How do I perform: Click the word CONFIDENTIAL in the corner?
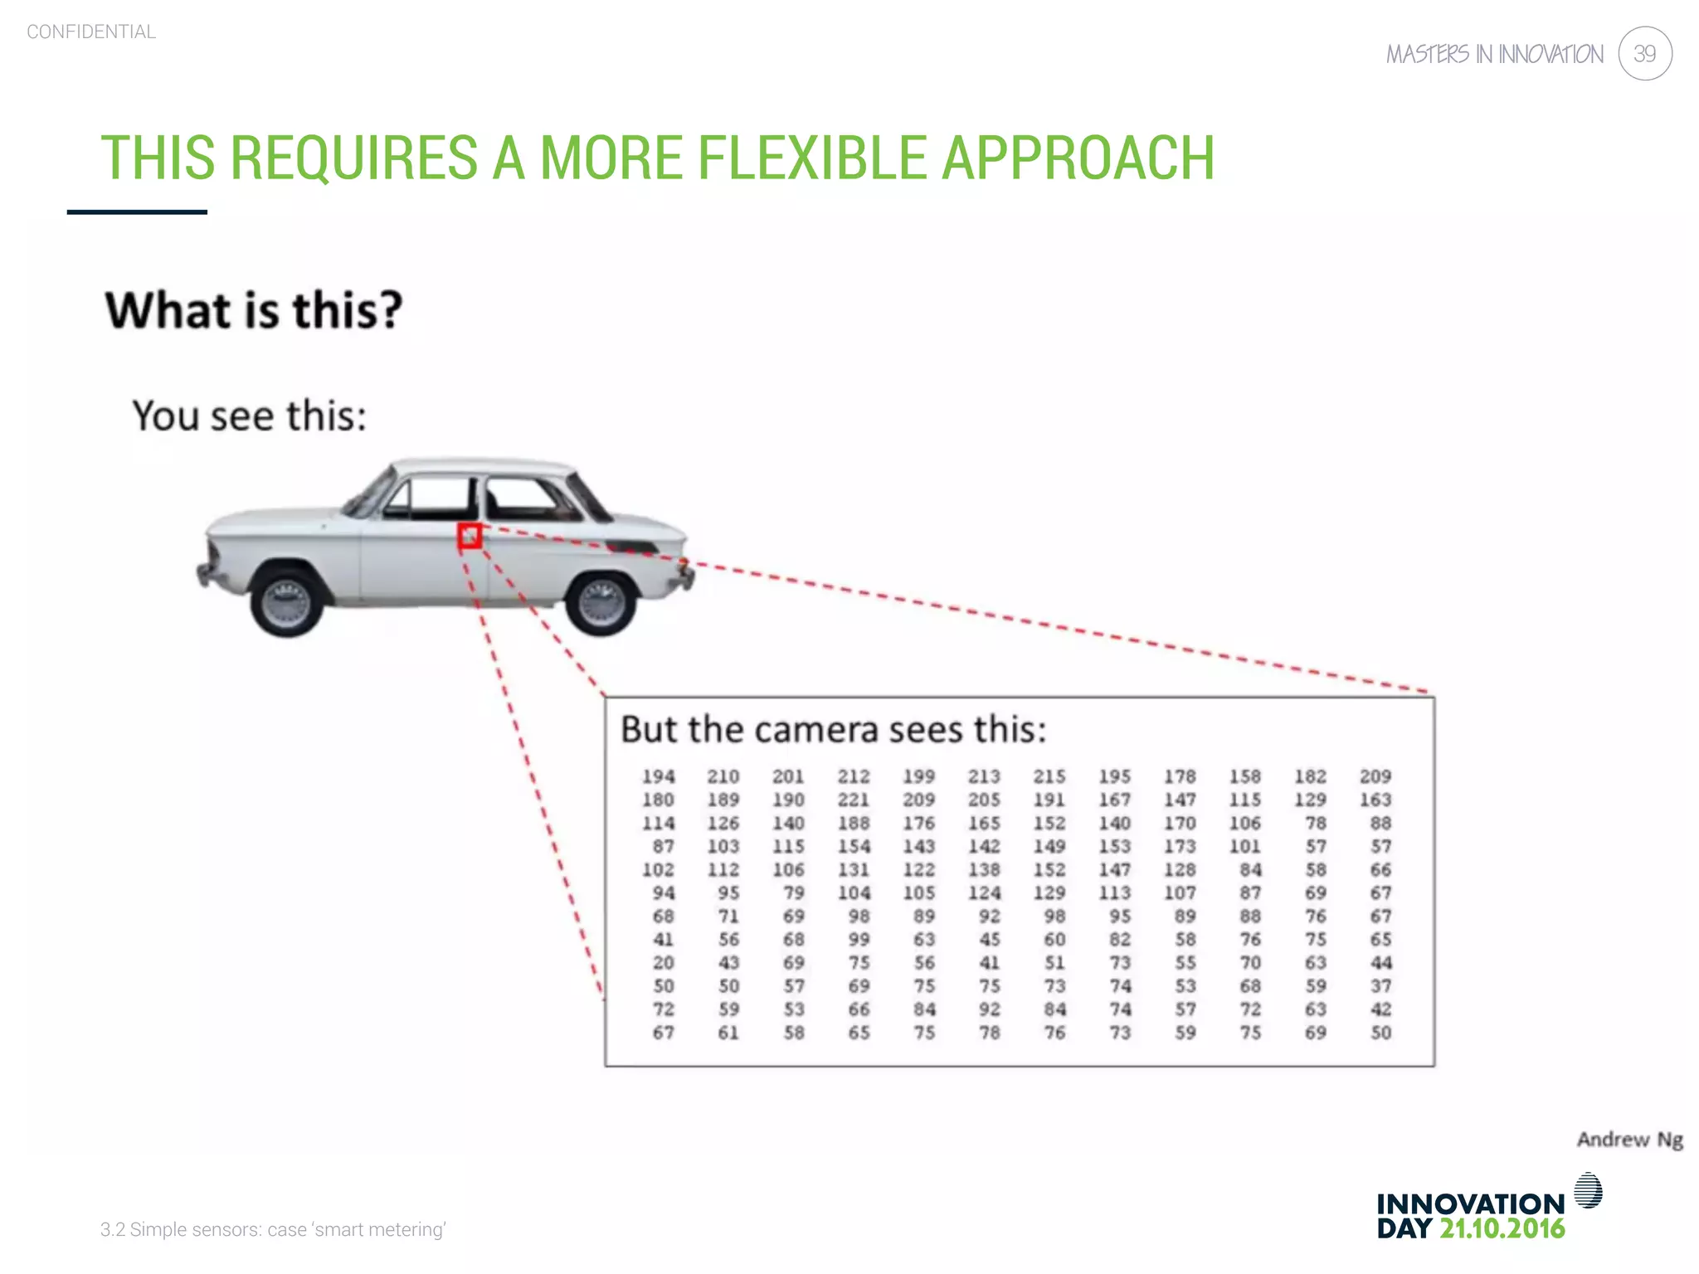point(91,32)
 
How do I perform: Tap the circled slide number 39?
point(1644,54)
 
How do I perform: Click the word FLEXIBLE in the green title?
point(811,158)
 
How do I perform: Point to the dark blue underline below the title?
point(137,212)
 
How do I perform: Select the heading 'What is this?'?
point(253,310)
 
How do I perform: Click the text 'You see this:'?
point(249,416)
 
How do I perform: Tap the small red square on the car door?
point(470,536)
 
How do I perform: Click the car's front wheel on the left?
point(286,600)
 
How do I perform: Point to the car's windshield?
point(370,491)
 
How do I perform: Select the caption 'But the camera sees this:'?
point(833,730)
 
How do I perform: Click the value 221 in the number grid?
point(853,800)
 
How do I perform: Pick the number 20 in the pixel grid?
point(663,963)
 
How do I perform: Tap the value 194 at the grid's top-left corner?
point(658,776)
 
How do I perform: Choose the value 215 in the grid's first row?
point(1049,776)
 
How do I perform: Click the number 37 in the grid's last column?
point(1380,986)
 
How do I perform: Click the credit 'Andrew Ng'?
point(1629,1140)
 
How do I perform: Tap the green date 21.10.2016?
point(1502,1228)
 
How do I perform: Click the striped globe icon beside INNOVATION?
point(1588,1190)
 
